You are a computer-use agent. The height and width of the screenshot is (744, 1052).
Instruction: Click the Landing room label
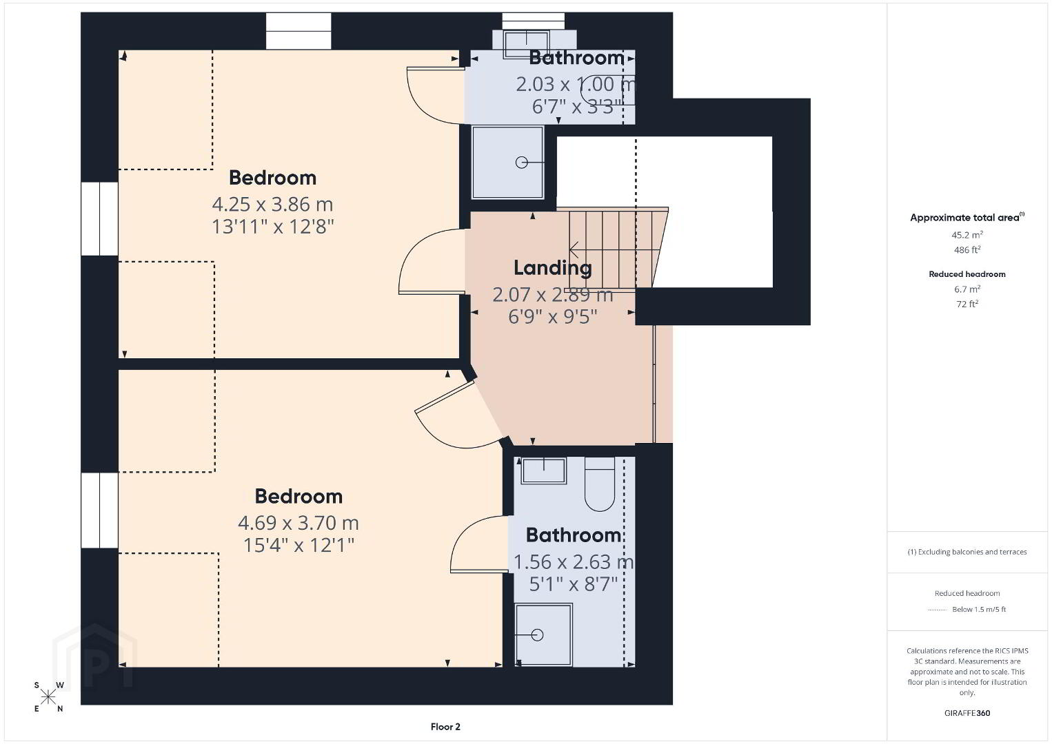pos(553,268)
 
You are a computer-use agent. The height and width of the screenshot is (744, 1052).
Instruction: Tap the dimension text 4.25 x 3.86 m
pos(272,205)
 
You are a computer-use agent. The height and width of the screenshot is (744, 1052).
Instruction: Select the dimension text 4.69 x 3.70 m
pos(299,523)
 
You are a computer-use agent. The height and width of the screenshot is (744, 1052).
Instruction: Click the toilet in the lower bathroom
pos(600,484)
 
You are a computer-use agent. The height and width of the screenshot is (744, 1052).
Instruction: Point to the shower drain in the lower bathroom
pos(537,635)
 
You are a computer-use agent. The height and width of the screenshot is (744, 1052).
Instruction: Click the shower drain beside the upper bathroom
pos(521,163)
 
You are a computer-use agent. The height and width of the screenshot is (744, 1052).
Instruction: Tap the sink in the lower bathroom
pos(543,471)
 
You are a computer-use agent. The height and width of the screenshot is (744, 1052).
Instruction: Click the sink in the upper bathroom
pos(526,45)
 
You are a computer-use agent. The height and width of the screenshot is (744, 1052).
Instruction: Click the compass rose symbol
pos(48,697)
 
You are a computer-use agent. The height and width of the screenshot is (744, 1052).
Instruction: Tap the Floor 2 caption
pos(445,727)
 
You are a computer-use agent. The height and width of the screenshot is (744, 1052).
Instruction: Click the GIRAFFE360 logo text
pos(967,713)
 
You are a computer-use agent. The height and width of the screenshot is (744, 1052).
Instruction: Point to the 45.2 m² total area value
pos(967,235)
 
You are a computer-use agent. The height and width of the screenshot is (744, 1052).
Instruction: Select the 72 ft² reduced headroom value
pos(967,304)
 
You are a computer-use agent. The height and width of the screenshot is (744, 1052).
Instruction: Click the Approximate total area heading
pos(967,217)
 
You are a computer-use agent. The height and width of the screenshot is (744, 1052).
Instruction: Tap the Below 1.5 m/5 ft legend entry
pos(979,609)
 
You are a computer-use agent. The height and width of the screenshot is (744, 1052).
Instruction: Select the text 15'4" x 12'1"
pos(299,546)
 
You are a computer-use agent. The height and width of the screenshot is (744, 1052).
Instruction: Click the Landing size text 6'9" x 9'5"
pos(553,317)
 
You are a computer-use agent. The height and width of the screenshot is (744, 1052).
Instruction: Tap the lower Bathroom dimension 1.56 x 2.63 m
pos(574,562)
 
